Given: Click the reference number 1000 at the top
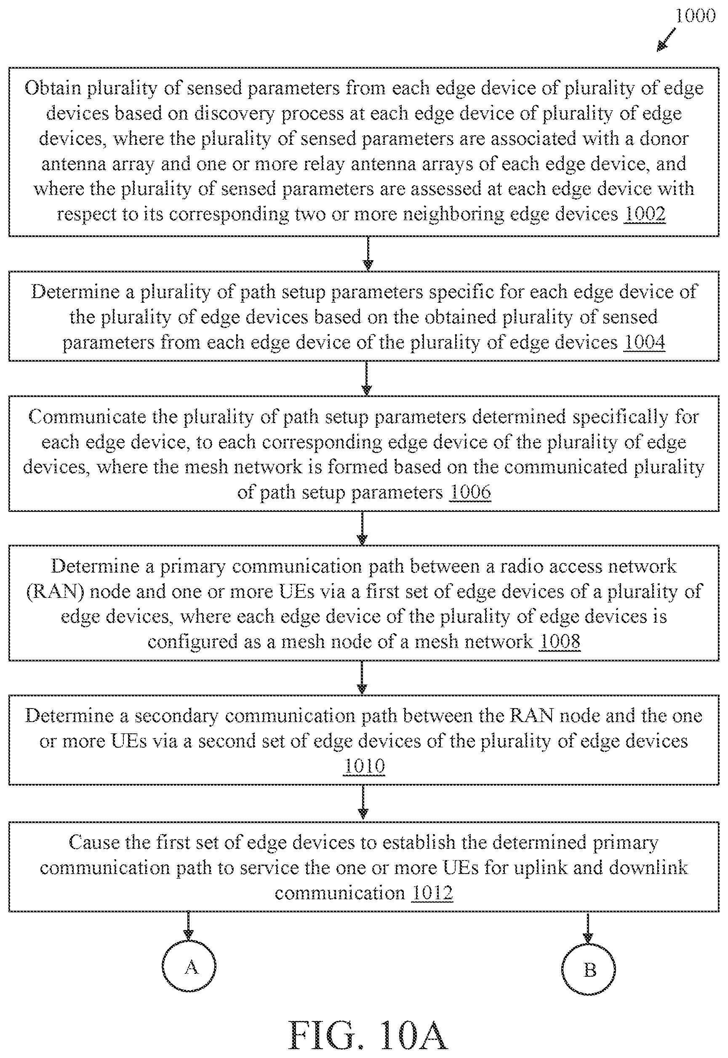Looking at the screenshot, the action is point(695,16).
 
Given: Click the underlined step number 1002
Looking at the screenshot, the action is point(645,214).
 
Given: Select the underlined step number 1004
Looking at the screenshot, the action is point(644,342).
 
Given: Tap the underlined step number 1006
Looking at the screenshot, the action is point(470,492).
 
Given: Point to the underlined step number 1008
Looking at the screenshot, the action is point(559,642).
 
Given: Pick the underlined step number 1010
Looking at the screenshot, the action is point(364,766).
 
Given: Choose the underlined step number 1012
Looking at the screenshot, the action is point(432,893).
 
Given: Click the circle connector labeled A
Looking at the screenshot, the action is point(189,967).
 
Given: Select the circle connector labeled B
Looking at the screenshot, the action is point(589,969).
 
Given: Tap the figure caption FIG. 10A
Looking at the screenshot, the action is point(368,1036).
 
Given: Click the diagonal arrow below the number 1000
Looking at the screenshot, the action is point(667,40).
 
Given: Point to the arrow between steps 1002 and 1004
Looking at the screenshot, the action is point(368,253).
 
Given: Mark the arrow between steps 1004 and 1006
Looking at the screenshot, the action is point(366,378).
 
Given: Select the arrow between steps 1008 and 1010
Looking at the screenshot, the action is point(362,678).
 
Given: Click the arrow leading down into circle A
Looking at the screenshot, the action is point(188,926).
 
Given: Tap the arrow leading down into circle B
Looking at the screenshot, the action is point(588,927).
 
